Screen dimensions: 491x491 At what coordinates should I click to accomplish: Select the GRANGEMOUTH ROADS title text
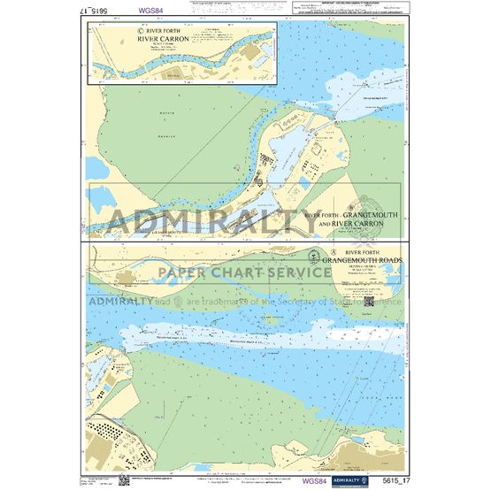[x=362, y=261]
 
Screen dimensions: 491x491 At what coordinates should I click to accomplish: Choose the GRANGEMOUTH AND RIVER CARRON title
[x=351, y=220]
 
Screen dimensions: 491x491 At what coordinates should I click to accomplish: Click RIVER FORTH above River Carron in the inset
[x=160, y=29]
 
